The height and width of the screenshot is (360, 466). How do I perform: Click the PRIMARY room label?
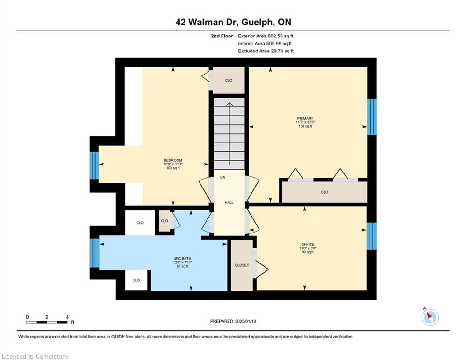click(305, 119)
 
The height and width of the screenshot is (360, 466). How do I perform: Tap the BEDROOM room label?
click(173, 160)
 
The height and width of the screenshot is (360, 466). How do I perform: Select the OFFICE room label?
click(308, 244)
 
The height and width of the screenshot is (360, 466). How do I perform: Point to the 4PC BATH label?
click(183, 259)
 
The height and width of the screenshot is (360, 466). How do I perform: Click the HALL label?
click(229, 202)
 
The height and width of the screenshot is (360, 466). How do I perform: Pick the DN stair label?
click(222, 177)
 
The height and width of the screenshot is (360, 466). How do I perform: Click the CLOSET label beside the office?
click(242, 265)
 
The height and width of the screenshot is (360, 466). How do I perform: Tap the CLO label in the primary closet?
click(325, 192)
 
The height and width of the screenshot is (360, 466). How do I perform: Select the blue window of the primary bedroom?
click(372, 117)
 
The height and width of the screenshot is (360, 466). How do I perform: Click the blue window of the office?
click(371, 236)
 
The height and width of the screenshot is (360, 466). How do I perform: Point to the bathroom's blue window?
click(95, 253)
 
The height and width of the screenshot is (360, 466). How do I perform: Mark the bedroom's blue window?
click(94, 166)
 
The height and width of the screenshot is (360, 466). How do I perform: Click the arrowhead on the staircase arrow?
click(229, 104)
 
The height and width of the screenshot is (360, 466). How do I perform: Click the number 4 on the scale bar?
click(67, 317)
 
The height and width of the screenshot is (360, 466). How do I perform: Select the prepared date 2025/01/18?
click(245, 321)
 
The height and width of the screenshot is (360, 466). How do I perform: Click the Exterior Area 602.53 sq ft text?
click(266, 36)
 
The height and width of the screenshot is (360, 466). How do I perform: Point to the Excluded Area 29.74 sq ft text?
click(266, 51)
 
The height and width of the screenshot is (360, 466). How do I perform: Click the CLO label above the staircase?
click(229, 80)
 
